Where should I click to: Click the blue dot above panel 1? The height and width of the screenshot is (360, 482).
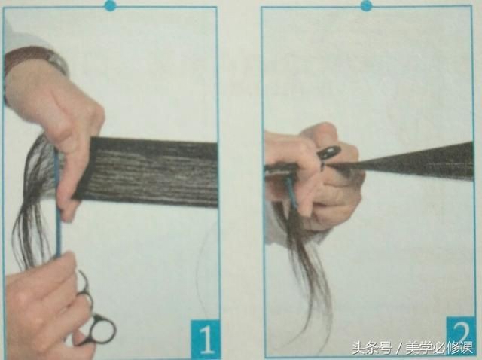111,5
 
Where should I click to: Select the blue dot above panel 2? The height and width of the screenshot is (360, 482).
366,5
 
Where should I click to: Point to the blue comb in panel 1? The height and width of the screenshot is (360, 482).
57,203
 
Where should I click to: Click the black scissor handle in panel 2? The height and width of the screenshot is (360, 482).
328,153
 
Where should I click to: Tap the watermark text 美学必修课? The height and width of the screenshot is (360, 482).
439,348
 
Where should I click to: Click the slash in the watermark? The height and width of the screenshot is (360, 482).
398,349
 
